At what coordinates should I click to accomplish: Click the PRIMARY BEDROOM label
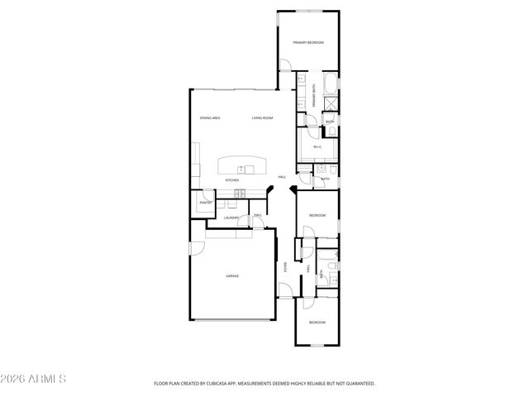tap(307, 42)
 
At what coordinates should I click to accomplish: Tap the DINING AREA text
tap(210, 118)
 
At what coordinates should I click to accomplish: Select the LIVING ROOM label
tap(263, 118)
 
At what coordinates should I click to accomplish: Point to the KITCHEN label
tap(232, 179)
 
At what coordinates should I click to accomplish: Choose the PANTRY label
tap(205, 203)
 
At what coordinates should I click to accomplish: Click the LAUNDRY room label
tap(231, 218)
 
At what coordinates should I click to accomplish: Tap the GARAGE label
tap(232, 275)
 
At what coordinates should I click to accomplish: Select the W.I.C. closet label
tap(317, 146)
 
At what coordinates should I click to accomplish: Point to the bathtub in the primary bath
tap(330, 84)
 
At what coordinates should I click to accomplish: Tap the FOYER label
tap(286, 267)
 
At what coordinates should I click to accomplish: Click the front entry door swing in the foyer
tap(284, 289)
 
